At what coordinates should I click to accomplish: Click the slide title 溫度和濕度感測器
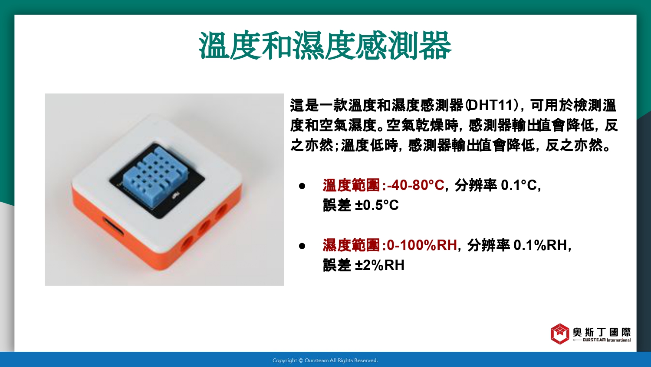(x=325, y=45)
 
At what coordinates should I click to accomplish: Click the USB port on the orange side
(x=113, y=227)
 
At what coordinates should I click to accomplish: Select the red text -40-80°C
(x=416, y=185)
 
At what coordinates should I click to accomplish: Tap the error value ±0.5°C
(x=377, y=205)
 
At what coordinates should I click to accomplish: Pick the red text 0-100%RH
(x=422, y=245)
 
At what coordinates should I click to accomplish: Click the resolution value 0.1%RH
(x=540, y=245)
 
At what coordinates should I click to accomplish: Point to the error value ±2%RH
(x=380, y=265)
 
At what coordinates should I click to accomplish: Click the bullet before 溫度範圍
(x=302, y=186)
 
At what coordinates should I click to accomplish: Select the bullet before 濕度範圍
(x=302, y=246)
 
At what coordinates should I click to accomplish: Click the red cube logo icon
(x=560, y=334)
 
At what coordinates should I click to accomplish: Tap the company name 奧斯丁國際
(x=602, y=332)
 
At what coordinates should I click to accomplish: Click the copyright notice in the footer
(x=325, y=360)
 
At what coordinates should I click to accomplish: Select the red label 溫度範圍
(x=351, y=185)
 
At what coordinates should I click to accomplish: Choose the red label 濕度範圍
(x=351, y=245)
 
